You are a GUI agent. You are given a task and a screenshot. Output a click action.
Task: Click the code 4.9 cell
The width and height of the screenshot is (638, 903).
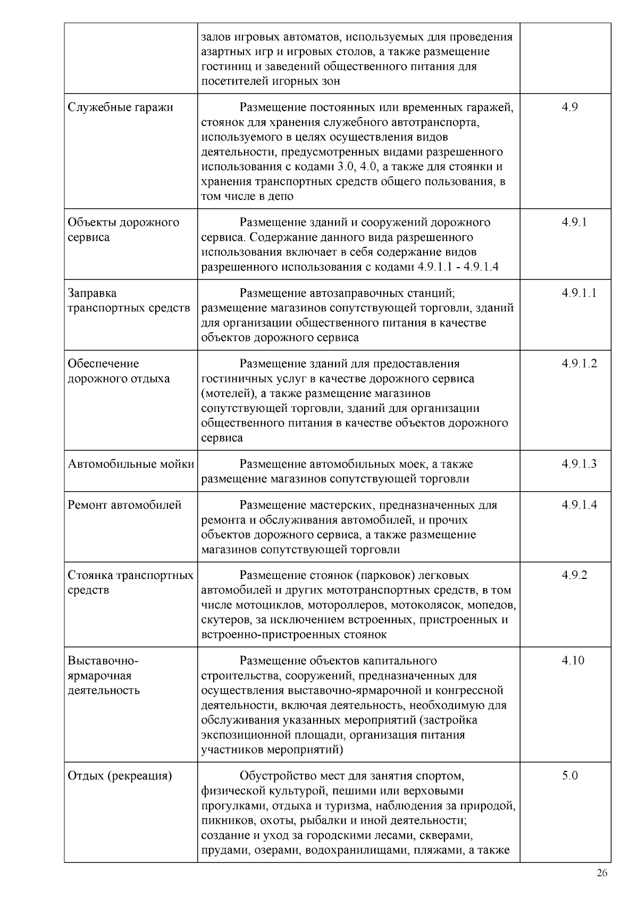tap(569, 107)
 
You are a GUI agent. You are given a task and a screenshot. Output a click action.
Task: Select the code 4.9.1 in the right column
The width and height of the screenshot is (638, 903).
tap(574, 222)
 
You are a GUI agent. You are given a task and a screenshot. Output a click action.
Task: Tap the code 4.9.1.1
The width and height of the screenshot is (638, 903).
tap(578, 293)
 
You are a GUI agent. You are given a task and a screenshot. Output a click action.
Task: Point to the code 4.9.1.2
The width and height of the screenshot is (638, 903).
tap(579, 363)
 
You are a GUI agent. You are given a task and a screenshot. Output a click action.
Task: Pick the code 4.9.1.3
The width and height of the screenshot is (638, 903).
tap(579, 463)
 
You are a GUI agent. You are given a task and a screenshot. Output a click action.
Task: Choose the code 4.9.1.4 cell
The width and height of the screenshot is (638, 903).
tap(579, 504)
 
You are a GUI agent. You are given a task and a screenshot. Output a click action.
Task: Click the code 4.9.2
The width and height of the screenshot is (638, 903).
tap(574, 575)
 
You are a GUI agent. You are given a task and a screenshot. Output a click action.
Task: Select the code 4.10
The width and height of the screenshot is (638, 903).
tap(573, 660)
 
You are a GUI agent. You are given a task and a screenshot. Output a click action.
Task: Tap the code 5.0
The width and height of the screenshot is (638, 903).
tap(570, 775)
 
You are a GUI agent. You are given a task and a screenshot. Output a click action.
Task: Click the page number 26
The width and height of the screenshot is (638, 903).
tap(602, 873)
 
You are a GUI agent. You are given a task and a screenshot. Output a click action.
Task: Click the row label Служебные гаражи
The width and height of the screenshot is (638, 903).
tap(120, 107)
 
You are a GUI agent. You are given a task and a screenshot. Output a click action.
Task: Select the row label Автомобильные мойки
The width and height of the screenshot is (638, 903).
tap(131, 463)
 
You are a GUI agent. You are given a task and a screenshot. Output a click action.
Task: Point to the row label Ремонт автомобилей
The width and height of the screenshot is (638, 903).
tap(124, 504)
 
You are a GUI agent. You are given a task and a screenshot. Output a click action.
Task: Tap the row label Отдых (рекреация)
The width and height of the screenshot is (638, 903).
tap(120, 775)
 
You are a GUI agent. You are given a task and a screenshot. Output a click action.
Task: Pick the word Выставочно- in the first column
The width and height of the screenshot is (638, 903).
tap(103, 660)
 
